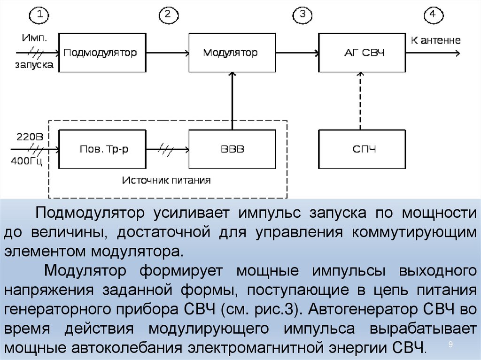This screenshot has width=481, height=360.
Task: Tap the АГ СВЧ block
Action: pos(362,52)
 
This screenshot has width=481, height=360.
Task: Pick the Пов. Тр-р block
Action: pos(102,149)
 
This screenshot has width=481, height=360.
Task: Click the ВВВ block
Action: pos(232,149)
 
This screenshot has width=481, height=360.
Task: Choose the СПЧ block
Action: pos(362,149)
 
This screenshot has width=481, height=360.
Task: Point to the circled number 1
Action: pos(40,15)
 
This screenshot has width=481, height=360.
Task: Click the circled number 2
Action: pos(168,15)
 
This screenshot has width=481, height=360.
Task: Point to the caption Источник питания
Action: pos(167,180)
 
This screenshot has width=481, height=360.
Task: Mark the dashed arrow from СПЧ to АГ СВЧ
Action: pos(361,100)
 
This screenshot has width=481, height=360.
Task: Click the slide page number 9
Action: pos(450,345)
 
